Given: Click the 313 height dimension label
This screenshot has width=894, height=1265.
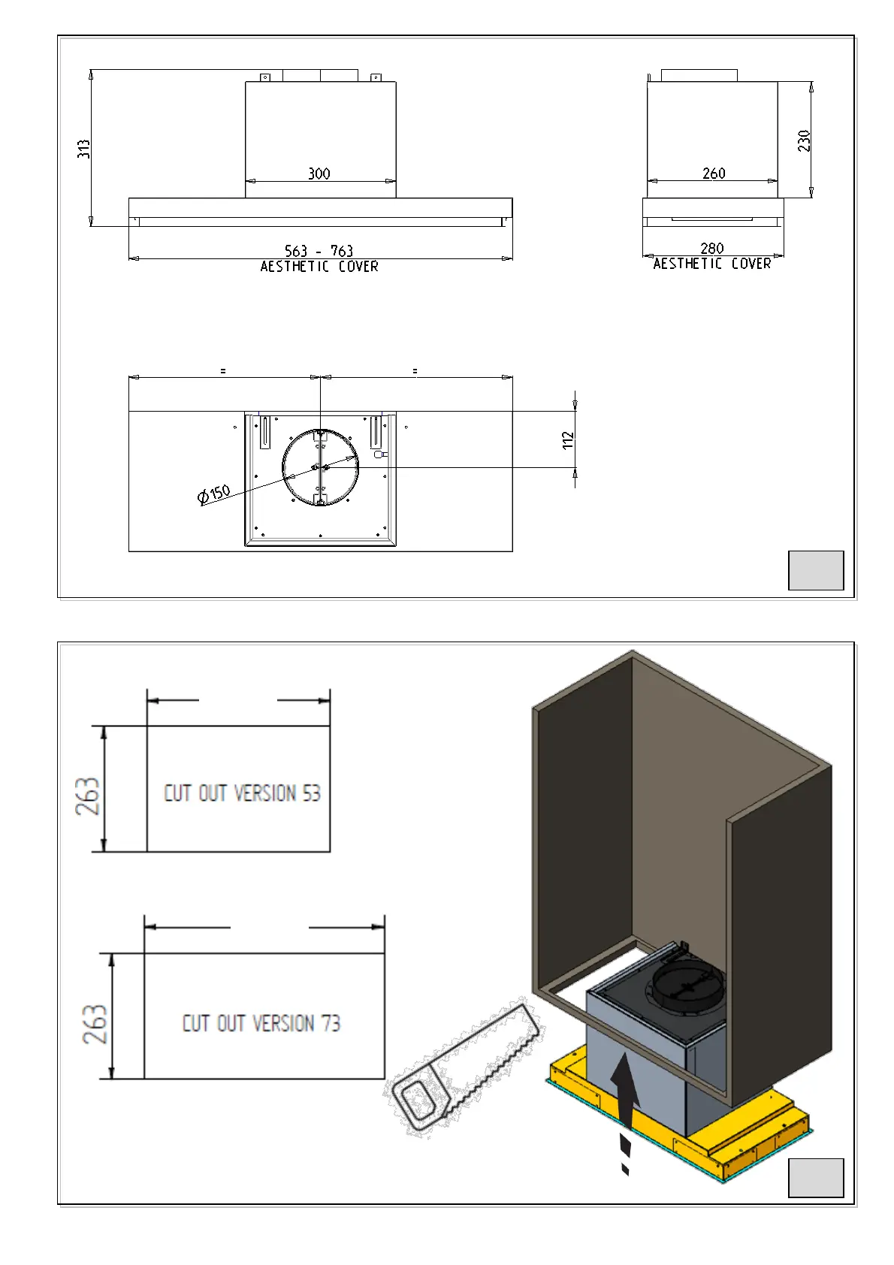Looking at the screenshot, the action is click(x=83, y=149).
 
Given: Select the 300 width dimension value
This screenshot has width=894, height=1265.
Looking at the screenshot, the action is click(x=319, y=174).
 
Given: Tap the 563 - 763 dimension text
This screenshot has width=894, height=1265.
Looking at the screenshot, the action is click(x=319, y=250).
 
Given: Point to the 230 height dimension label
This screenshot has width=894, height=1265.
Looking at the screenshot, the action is click(x=804, y=140).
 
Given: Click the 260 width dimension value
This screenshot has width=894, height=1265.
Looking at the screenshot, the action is click(x=714, y=174).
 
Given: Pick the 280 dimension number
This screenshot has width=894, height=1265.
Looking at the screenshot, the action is click(x=712, y=248).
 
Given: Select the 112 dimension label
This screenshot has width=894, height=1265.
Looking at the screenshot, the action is click(x=568, y=440).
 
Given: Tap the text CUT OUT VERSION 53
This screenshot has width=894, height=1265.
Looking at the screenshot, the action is click(x=242, y=793).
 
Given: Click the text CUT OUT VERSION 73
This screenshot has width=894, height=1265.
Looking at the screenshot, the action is click(x=261, y=1022).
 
